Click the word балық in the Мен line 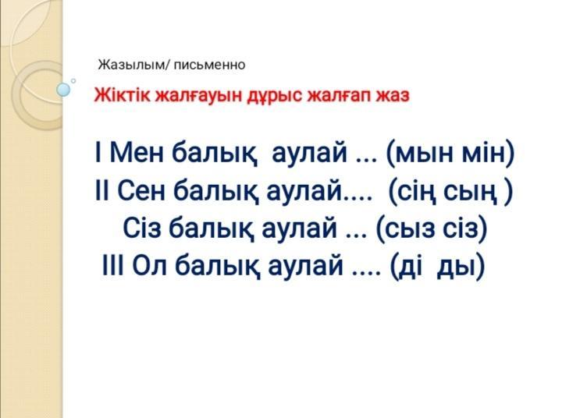(x=215, y=153)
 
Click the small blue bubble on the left (x=63, y=90)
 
